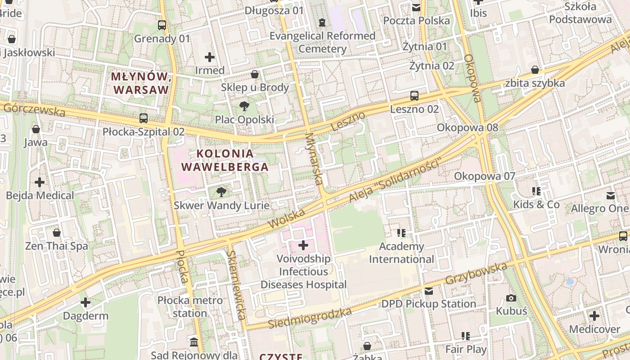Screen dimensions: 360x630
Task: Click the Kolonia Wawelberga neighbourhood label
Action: pos(225,160)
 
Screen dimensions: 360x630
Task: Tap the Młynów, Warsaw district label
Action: pos(140,83)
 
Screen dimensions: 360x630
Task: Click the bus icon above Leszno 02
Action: pos(414,96)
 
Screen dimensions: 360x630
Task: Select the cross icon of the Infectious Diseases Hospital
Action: pos(303,245)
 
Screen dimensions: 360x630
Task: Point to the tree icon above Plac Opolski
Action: pos(244,107)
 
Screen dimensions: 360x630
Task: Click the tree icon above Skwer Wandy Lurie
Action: pos(221,193)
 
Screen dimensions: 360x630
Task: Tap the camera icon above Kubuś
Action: pos(511,298)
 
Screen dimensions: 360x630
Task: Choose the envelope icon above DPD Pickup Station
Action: pos(428,291)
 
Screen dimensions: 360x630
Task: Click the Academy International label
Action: pos(401,253)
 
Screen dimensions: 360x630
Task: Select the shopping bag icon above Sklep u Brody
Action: pos(255,74)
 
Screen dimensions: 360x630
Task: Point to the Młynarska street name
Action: pos(314,158)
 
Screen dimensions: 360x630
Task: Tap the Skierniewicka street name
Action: pos(236,284)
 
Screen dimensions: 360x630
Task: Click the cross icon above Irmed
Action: pos(209,57)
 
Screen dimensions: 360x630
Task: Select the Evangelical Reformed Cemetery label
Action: pos(322,42)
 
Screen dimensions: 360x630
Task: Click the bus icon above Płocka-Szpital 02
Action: pos(144,118)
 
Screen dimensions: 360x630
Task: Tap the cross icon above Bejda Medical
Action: pos(40,182)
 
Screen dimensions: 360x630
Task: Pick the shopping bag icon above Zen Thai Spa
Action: pos(57,233)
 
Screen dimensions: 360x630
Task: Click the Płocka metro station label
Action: pos(190,306)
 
